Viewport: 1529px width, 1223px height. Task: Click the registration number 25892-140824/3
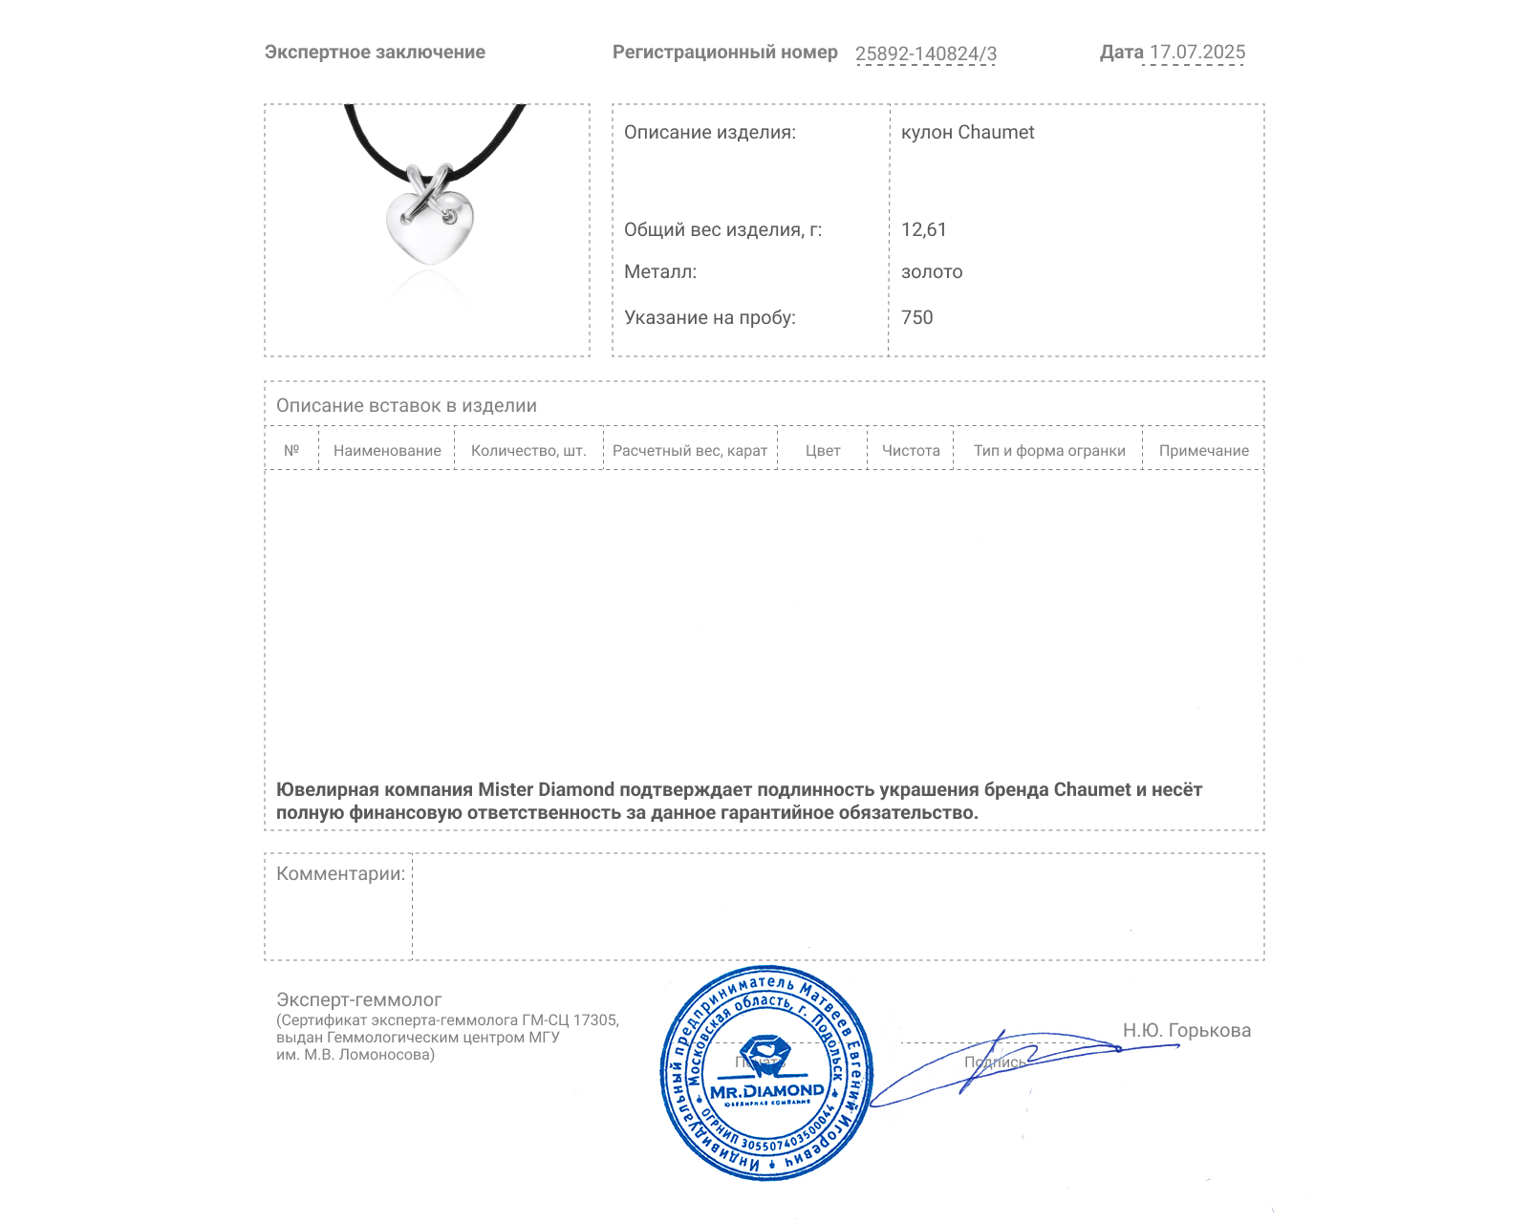click(x=925, y=54)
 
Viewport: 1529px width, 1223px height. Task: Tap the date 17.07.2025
click(x=1196, y=53)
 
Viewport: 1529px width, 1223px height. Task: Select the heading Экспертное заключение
click(x=375, y=53)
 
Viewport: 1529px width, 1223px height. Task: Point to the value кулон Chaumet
click(x=967, y=133)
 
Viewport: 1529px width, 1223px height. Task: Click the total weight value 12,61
click(x=923, y=230)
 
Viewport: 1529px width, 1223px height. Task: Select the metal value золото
click(x=932, y=272)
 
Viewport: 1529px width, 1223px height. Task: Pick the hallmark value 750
click(x=916, y=318)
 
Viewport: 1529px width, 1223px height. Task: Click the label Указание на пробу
click(x=709, y=318)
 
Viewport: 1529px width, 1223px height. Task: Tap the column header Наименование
click(x=387, y=451)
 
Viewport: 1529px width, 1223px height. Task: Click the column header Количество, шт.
click(x=528, y=451)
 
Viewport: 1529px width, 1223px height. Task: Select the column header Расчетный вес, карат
click(x=690, y=451)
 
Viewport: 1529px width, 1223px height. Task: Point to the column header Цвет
click(x=823, y=451)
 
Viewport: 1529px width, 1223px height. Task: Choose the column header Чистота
click(x=911, y=451)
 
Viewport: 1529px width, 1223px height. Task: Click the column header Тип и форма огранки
click(x=1049, y=451)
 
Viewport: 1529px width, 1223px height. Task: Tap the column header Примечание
click(x=1203, y=451)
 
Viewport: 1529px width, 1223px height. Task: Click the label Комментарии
click(x=340, y=874)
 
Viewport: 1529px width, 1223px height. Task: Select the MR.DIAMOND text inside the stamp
click(x=766, y=1091)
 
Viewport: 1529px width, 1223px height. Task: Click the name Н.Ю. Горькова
click(x=1186, y=1031)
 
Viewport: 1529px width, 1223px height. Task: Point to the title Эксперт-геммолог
click(x=358, y=1000)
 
